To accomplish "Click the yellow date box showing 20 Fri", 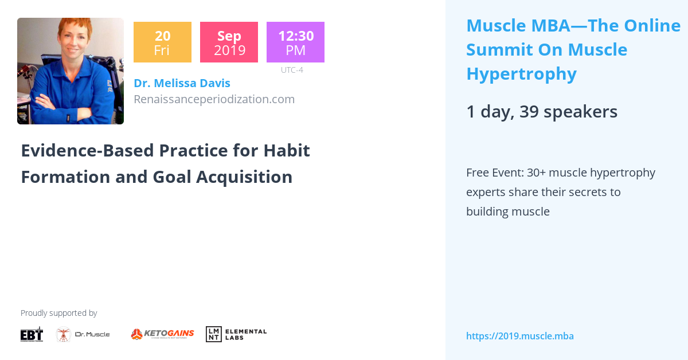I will (162, 42).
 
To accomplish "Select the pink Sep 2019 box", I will (229, 42).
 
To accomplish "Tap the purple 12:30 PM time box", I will (295, 42).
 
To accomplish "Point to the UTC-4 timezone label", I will (292, 70).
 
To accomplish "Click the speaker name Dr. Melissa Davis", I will (182, 83).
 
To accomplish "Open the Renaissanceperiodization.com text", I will (214, 99).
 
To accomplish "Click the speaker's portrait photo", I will (71, 71).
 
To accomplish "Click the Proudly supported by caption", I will (58, 313).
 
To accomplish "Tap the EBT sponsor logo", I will (32, 334).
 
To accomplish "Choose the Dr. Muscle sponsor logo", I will (83, 334).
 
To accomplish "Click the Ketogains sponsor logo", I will (162, 334).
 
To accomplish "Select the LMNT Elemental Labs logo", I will (236, 334).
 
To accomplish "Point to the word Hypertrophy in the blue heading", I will (521, 74).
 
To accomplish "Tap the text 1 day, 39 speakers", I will (542, 112).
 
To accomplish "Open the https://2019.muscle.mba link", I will (519, 336).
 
